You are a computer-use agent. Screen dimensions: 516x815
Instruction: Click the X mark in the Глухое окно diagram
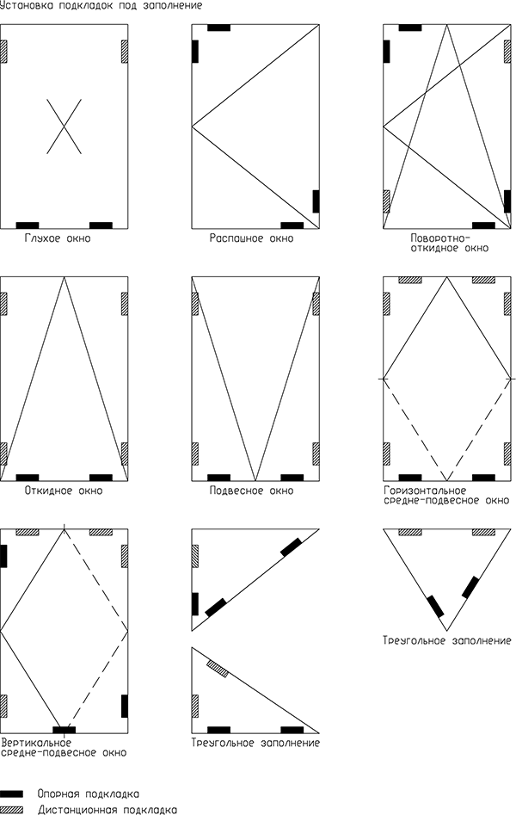point(64,127)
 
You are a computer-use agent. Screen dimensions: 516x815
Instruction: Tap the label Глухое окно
point(57,238)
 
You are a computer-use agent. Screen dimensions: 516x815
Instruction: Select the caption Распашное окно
point(251,238)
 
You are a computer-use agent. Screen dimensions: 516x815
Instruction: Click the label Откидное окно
point(64,491)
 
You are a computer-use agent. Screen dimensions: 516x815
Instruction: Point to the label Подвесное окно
point(251,491)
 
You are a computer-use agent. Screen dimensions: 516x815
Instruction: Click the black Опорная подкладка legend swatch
point(11,793)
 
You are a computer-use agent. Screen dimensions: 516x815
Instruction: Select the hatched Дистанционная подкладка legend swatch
point(11,810)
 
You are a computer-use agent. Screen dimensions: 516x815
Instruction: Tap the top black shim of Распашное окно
point(218,28)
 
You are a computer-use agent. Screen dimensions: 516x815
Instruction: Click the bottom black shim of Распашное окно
point(292,225)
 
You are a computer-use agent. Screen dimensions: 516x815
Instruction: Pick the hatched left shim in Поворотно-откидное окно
point(386,201)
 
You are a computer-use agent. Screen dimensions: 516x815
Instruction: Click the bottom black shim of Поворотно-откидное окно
point(483,225)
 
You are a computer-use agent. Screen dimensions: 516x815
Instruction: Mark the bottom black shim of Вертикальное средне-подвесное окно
point(64,730)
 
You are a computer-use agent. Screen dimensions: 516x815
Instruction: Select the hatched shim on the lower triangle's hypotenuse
point(218,669)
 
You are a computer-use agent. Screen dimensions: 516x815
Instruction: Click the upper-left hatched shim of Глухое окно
point(3,52)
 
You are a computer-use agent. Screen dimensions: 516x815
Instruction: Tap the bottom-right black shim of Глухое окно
point(101,225)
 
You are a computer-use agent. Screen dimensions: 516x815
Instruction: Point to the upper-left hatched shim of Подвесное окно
point(195,304)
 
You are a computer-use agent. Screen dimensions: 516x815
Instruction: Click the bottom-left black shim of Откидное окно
point(28,478)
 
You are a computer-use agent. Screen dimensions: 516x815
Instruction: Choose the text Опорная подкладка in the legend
point(89,794)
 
